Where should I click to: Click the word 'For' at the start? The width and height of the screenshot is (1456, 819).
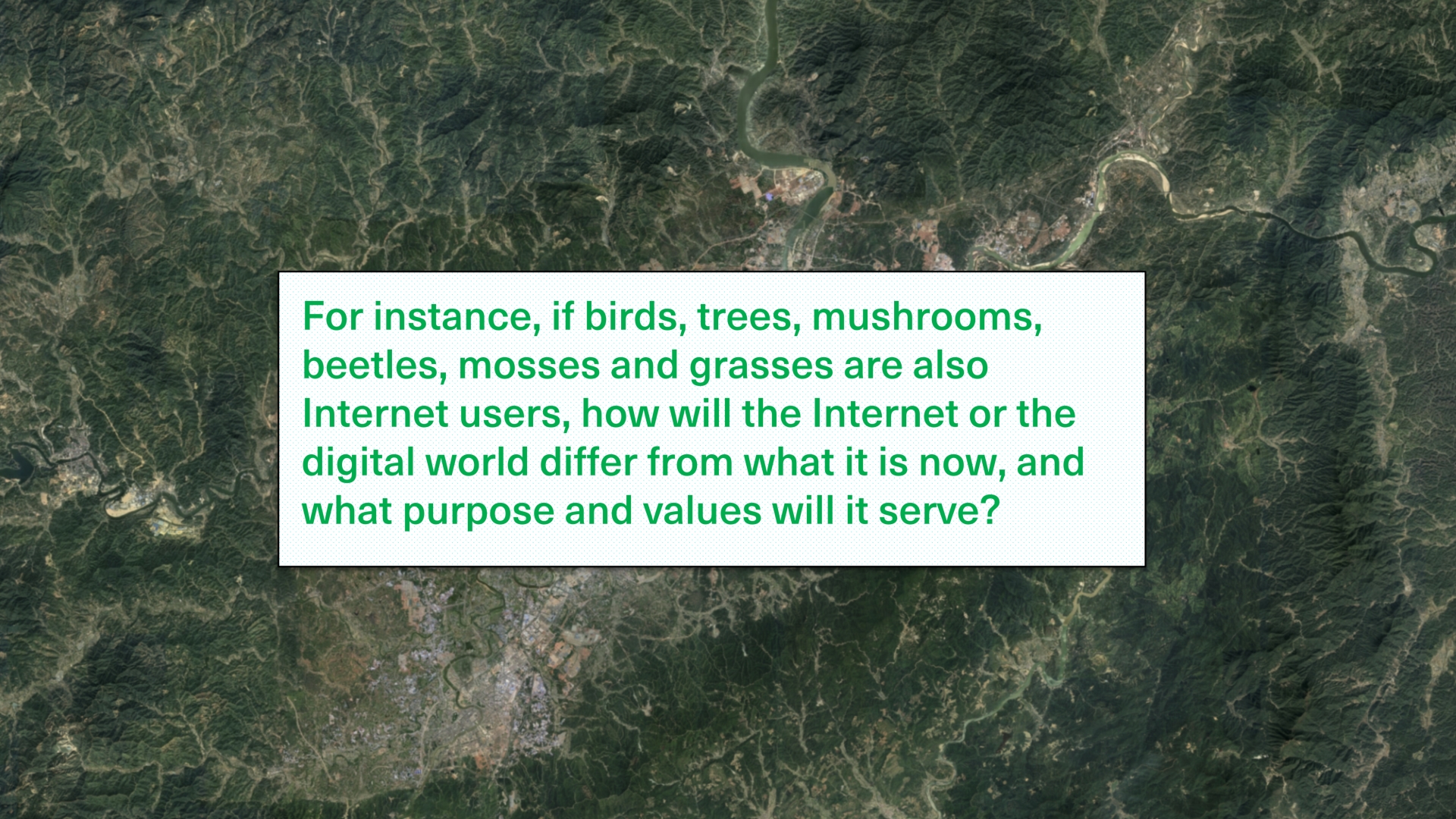point(332,316)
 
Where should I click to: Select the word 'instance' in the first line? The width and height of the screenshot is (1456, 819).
point(450,316)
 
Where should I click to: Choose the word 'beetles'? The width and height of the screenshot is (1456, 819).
point(369,366)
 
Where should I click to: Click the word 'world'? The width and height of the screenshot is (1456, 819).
point(476,462)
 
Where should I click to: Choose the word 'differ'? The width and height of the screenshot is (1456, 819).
point(588,462)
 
